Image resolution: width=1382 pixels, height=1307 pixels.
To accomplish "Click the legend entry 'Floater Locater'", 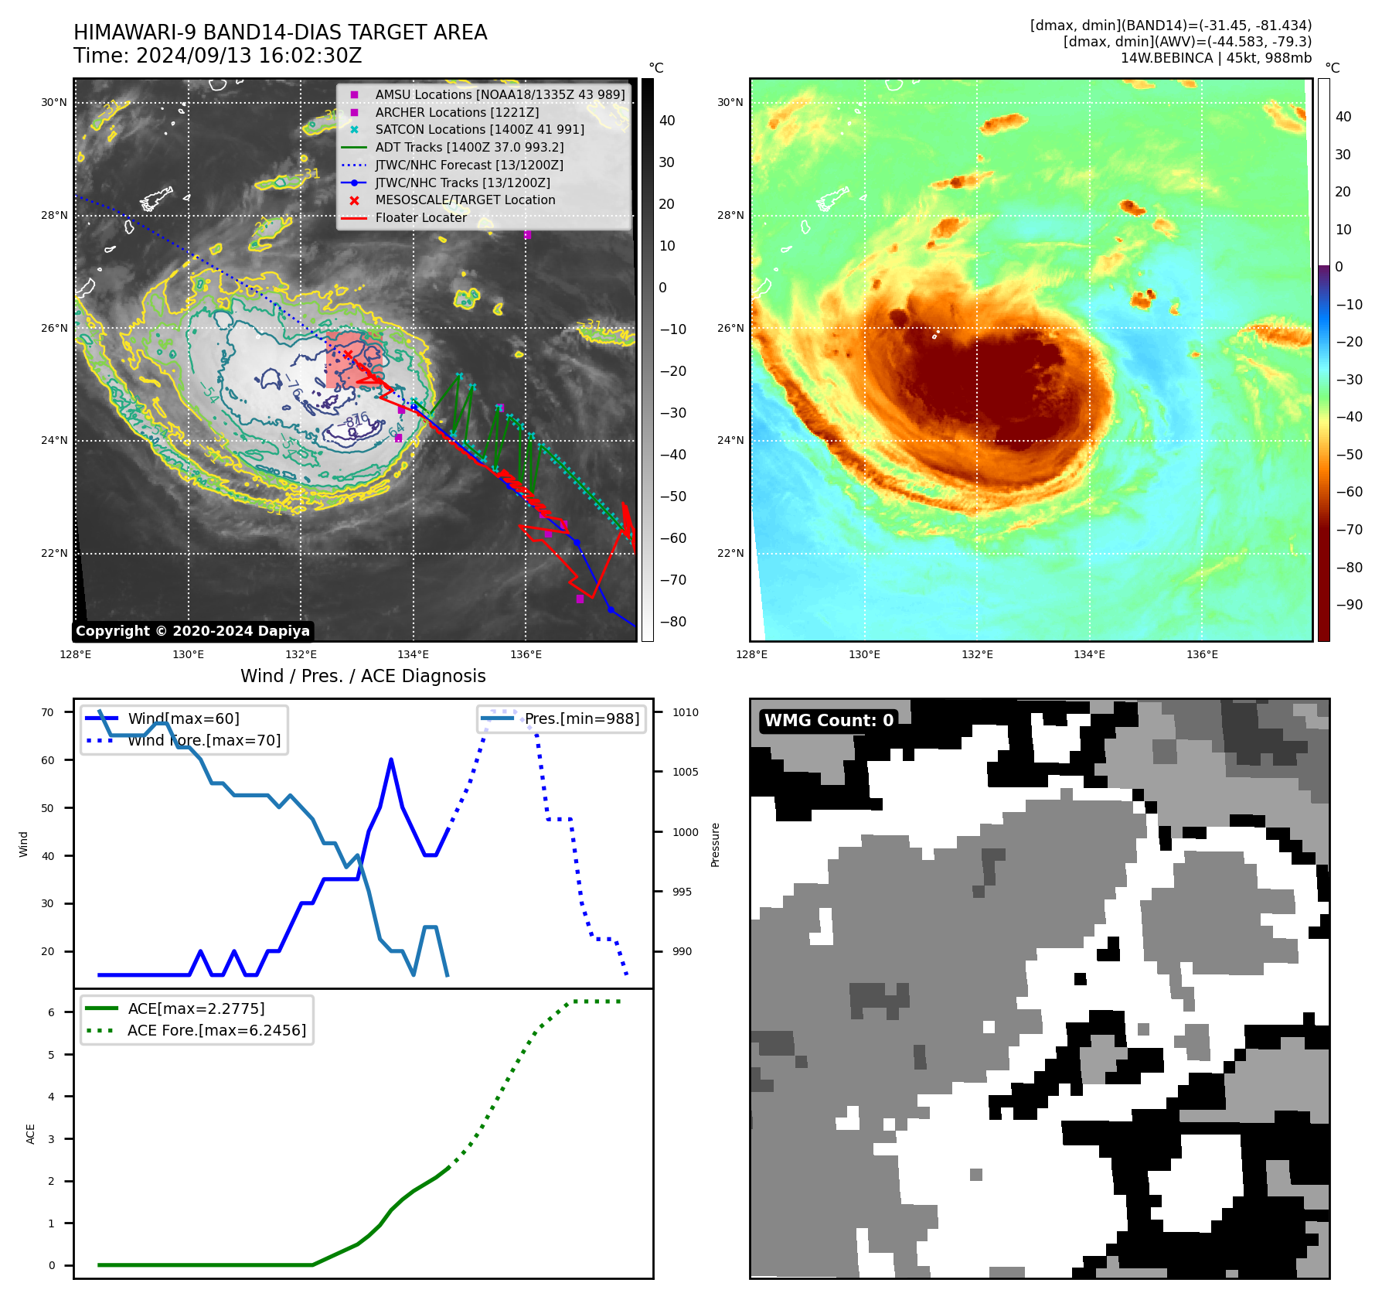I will pos(420,218).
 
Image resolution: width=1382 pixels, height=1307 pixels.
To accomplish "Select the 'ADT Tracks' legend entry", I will pos(469,147).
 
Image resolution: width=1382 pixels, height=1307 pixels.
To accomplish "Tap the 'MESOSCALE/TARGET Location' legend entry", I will pos(465,200).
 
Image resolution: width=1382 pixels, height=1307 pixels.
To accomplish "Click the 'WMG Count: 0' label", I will pos(829,721).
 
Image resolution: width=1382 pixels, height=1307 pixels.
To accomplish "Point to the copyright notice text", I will pos(192,631).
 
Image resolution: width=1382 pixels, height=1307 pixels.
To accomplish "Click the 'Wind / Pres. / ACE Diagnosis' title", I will pos(363,676).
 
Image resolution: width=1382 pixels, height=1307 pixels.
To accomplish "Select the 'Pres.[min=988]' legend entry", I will pos(582,718).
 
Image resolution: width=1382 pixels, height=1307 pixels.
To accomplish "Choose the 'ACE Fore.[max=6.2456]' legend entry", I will pos(216,1030).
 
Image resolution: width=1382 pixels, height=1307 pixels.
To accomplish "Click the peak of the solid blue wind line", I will pos(391,760).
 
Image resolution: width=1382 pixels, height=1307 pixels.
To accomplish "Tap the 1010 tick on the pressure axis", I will pos(685,712).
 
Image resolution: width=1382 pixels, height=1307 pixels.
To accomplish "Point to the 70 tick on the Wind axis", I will pos(48,712).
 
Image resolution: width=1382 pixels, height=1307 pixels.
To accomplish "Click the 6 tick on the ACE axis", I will pos(52,1012).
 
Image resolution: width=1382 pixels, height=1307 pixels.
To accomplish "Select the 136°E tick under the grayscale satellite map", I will pos(526,655).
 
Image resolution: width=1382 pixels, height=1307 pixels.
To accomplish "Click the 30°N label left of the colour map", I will pos(730,102).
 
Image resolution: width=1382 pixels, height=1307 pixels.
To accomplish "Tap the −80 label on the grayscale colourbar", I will pos(672,622).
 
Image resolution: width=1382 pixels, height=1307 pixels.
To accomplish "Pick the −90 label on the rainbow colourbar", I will pos(1349,605).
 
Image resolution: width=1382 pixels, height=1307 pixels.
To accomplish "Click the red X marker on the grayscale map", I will pos(348,355).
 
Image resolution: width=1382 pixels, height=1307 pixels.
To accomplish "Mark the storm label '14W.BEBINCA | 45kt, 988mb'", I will pos(1216,58).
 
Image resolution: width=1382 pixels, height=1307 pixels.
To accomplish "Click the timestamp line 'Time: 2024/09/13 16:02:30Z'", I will pos(218,56).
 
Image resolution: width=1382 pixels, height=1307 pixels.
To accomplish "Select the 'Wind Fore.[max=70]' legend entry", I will pos(204,740).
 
